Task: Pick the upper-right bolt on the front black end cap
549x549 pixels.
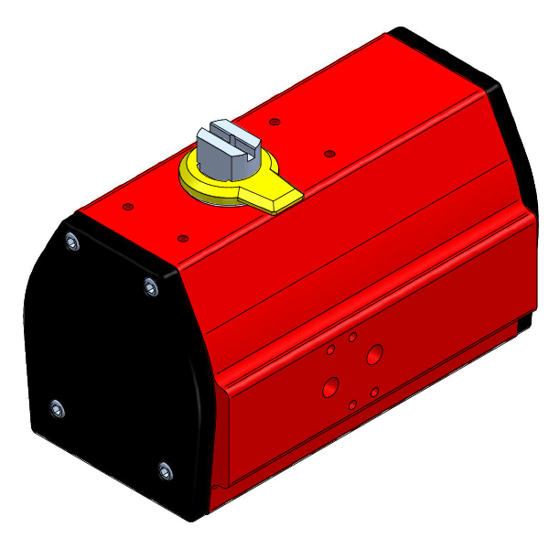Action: tap(150, 288)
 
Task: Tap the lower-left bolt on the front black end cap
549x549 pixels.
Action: tap(57, 408)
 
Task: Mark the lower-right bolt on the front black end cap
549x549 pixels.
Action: tap(165, 471)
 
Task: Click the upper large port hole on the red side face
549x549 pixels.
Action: tap(374, 353)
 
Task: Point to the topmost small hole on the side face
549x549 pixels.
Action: tap(352, 337)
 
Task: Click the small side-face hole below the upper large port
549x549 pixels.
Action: tap(375, 391)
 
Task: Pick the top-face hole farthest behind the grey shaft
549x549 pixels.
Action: tap(274, 120)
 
